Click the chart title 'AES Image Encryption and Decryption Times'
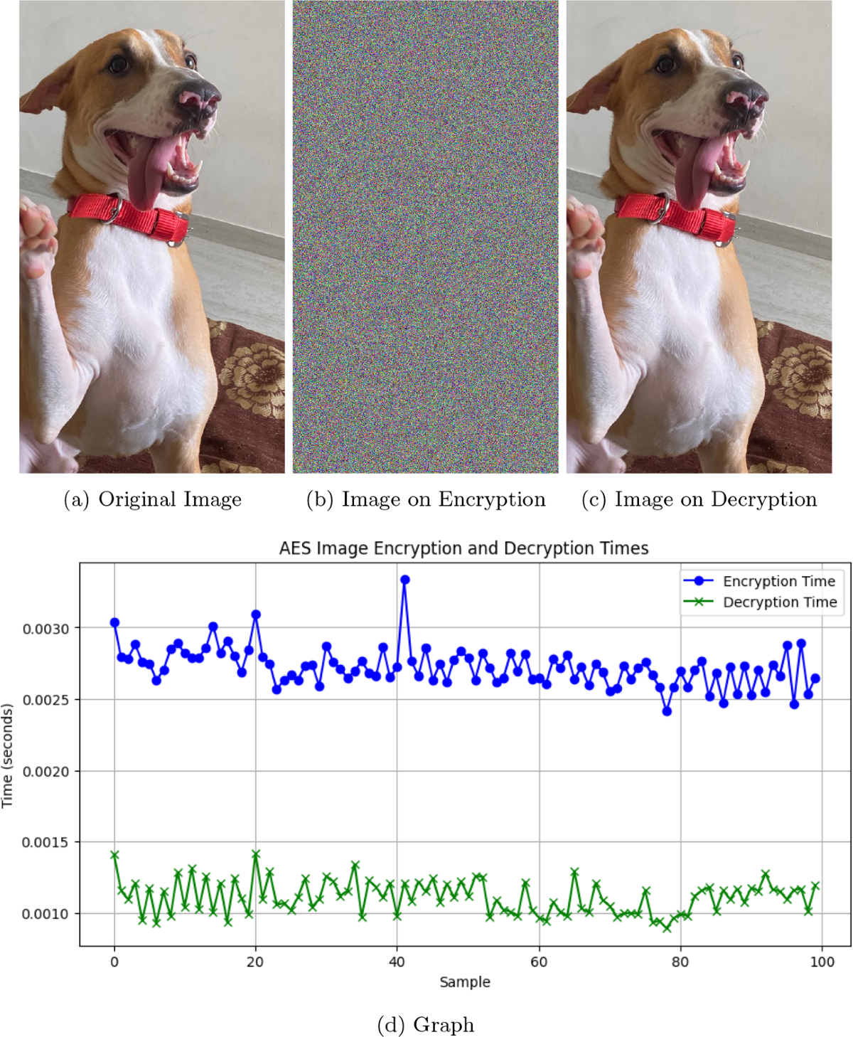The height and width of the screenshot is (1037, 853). [x=463, y=548]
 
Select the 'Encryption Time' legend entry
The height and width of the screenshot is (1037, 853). [x=778, y=581]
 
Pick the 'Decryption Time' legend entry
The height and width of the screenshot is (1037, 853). [x=780, y=602]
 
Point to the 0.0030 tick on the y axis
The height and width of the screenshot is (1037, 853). [x=45, y=629]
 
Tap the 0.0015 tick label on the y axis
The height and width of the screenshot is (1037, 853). [x=45, y=843]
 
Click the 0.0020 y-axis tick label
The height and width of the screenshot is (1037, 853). [x=45, y=772]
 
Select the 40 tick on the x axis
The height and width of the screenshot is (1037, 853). [x=397, y=962]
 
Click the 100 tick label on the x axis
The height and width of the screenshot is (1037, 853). [x=822, y=962]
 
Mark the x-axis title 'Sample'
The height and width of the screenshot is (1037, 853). [x=465, y=982]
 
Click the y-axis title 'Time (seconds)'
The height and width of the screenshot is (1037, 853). [x=8, y=755]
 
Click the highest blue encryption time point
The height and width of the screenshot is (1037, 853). [x=405, y=580]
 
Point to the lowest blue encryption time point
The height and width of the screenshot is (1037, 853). [x=667, y=711]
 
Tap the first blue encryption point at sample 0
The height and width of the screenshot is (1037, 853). [x=114, y=622]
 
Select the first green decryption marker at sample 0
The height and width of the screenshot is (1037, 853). [x=114, y=855]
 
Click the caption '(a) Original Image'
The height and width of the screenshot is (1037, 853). [x=153, y=499]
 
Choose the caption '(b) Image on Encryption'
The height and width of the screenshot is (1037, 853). [x=426, y=499]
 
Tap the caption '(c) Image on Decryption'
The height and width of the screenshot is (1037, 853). [x=699, y=499]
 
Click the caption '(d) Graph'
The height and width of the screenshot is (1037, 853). [x=426, y=1025]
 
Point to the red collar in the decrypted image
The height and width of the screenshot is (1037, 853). [x=675, y=216]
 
